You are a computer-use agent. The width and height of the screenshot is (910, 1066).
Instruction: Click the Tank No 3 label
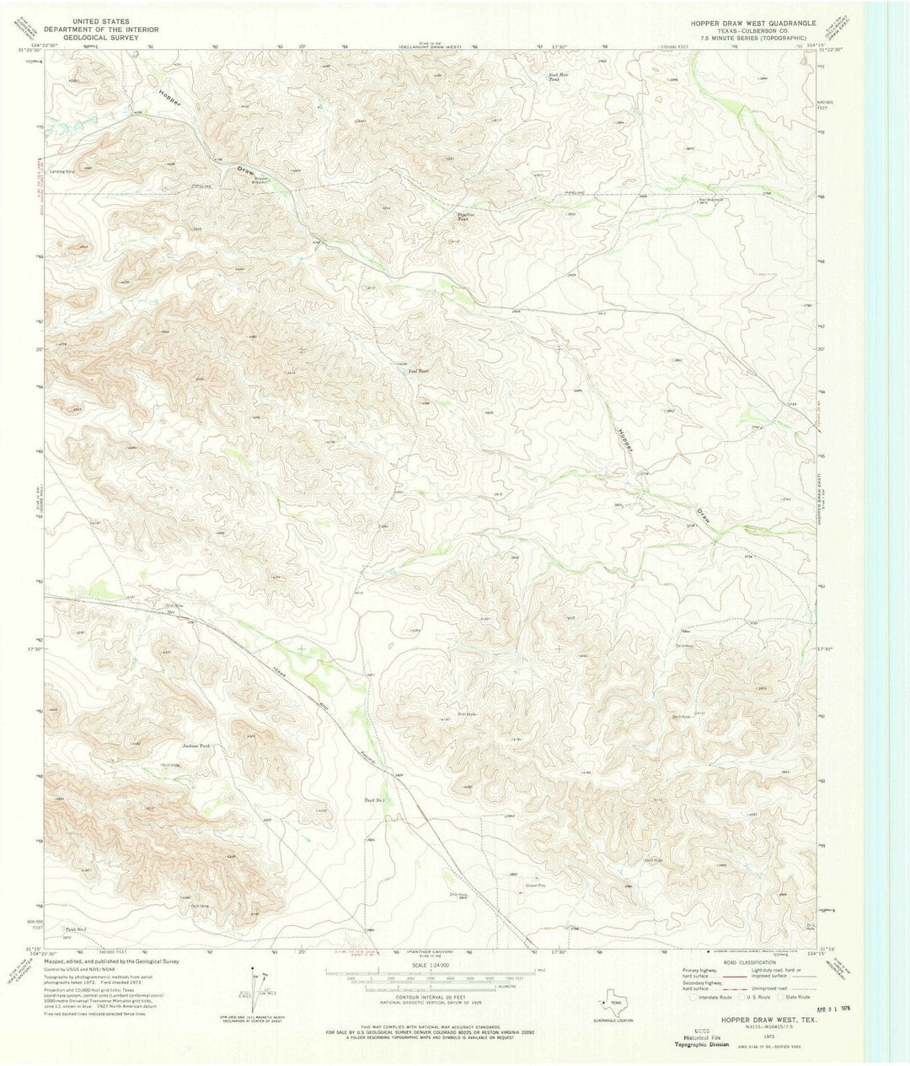(76, 930)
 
